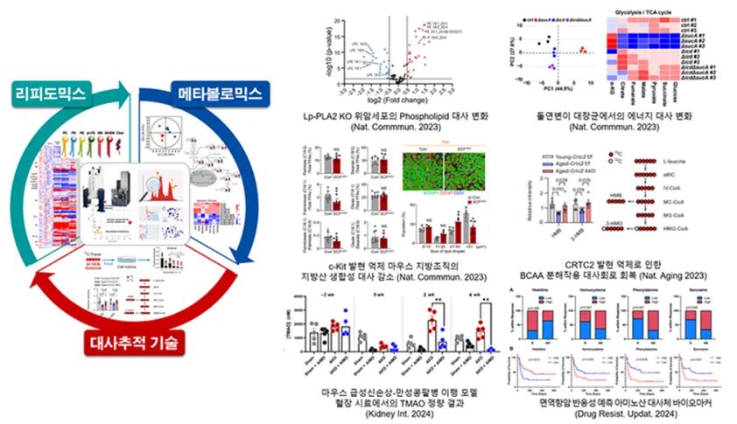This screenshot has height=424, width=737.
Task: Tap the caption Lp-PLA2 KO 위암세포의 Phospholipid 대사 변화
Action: click(390, 113)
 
